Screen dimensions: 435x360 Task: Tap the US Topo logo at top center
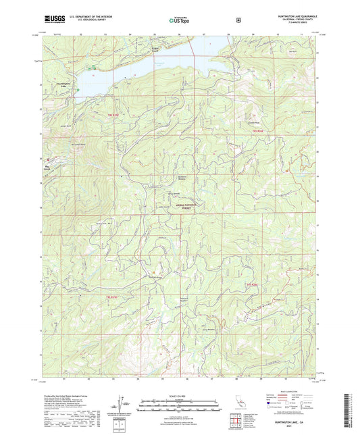coord(180,20)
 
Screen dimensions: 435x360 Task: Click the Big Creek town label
coord(47,163)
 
